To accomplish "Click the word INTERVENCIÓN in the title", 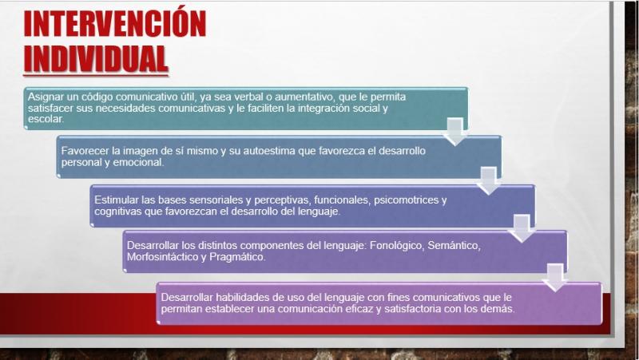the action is tap(115, 23).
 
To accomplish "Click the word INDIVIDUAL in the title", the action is tap(96, 58).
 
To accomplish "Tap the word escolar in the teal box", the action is tap(46, 119).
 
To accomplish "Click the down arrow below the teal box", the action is tap(454, 131).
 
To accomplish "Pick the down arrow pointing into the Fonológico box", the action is tap(522, 228).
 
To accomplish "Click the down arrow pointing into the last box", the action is tap(555, 277).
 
